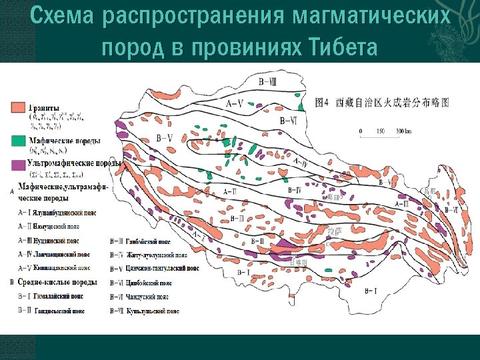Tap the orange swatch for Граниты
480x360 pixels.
17,107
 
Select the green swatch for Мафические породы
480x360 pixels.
17,141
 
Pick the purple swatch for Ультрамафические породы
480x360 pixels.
17,163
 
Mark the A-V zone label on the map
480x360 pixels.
235,104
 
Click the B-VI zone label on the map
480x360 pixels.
289,121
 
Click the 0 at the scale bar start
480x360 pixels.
361,131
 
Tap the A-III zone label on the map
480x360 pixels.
403,203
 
